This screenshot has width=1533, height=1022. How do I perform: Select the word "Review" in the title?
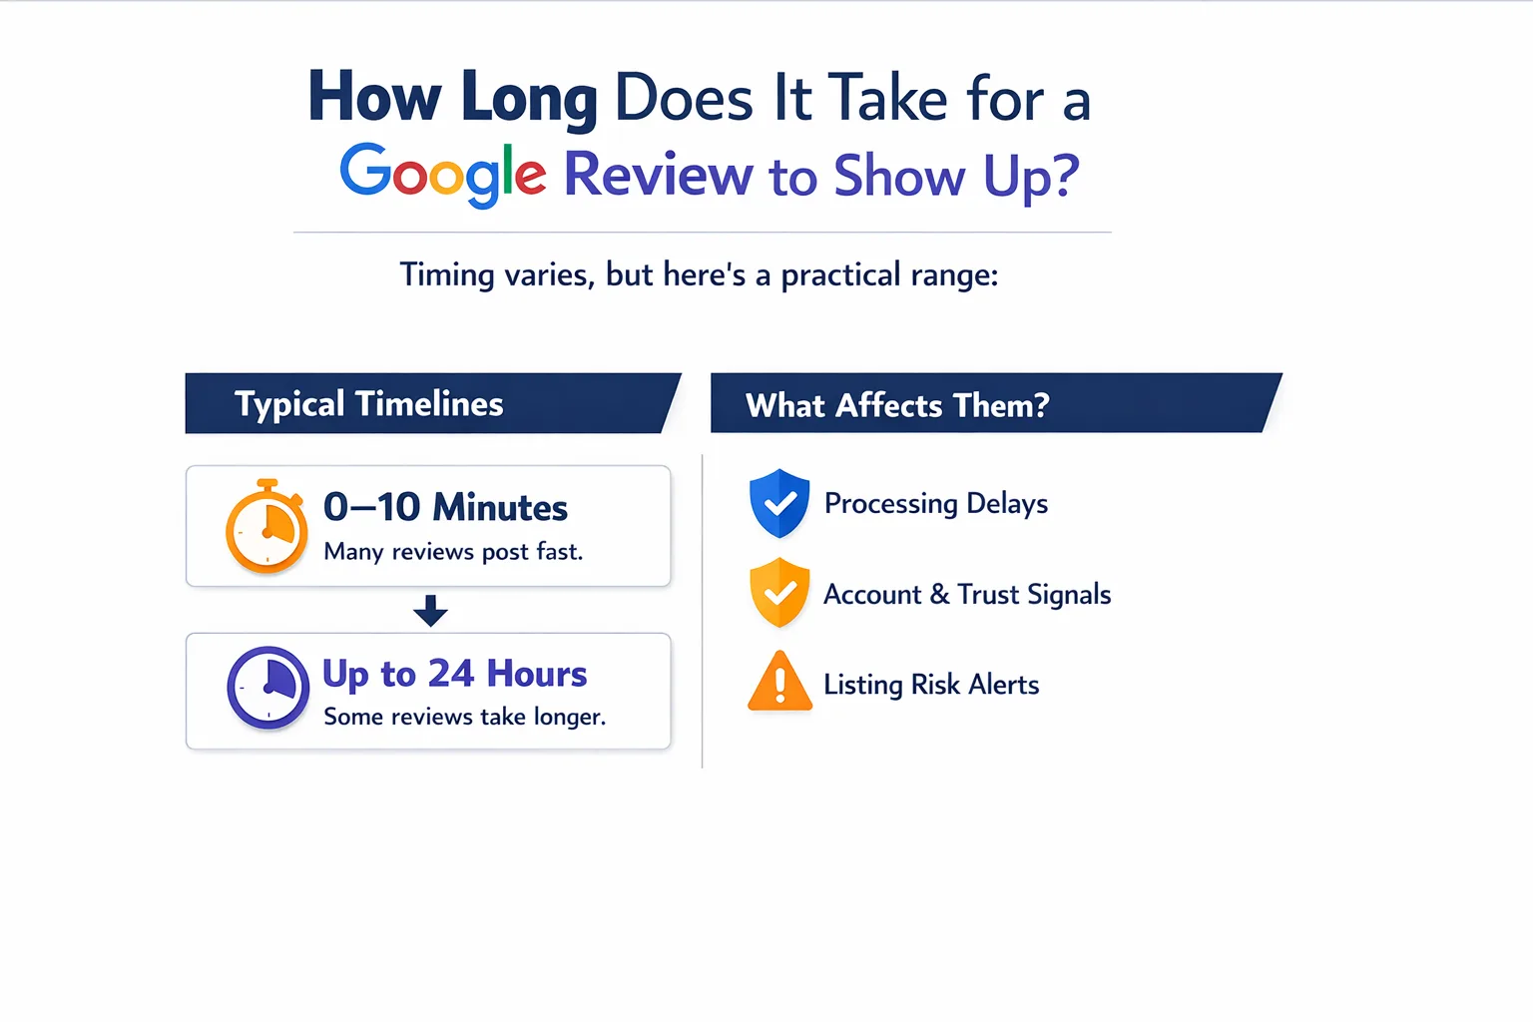click(658, 175)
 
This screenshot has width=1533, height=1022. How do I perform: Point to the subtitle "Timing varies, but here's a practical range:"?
click(699, 274)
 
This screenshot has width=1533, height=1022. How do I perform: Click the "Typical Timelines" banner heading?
click(369, 403)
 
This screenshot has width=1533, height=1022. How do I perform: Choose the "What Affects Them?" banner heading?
click(897, 404)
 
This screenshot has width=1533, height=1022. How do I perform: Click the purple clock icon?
click(268, 688)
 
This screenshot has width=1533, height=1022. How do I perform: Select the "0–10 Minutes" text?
click(445, 507)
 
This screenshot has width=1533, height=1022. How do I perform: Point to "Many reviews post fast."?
click(453, 552)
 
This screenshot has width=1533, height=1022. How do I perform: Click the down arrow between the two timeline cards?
click(430, 611)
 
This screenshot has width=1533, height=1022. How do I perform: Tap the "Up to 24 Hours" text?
click(454, 674)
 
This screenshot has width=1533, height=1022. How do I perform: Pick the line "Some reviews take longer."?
click(465, 717)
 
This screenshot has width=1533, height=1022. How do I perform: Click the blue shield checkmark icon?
click(779, 503)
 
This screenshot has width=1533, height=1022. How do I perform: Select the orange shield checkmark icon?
click(779, 592)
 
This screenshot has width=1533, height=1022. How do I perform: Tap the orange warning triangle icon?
click(780, 681)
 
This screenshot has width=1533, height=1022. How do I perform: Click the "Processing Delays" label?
click(935, 504)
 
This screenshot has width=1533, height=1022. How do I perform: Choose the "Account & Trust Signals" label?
click(967, 594)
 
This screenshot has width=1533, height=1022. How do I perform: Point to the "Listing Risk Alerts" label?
click(931, 685)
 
